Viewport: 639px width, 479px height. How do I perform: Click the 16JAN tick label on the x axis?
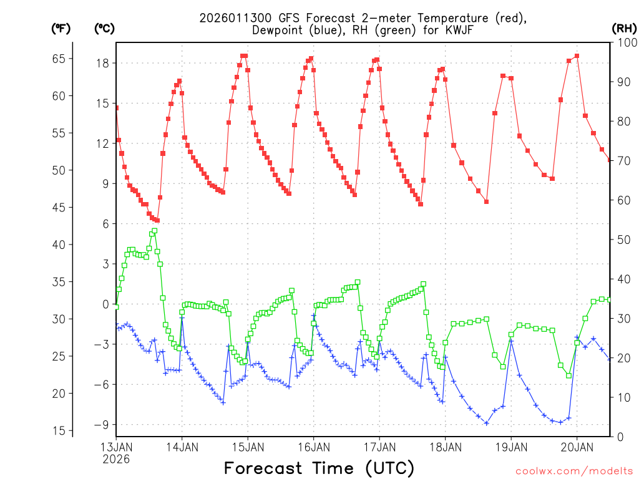(313, 447)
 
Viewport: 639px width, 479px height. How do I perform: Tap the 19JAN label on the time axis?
(511, 447)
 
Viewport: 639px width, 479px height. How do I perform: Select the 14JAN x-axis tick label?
(182, 447)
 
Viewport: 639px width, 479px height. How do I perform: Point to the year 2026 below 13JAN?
(116, 459)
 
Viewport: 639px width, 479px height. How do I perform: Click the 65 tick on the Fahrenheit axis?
(58, 59)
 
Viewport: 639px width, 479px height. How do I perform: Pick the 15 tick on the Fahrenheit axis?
(58, 430)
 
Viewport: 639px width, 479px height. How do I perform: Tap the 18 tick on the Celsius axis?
(104, 63)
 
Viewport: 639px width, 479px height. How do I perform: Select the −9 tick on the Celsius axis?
(101, 424)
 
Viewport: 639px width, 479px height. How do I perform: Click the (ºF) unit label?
(61, 28)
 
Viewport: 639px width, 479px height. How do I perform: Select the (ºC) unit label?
(104, 28)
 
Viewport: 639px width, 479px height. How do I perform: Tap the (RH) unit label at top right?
(624, 28)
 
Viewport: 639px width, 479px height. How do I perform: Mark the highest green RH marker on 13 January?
(154, 231)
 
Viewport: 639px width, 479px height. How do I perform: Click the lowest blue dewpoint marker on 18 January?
(486, 423)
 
